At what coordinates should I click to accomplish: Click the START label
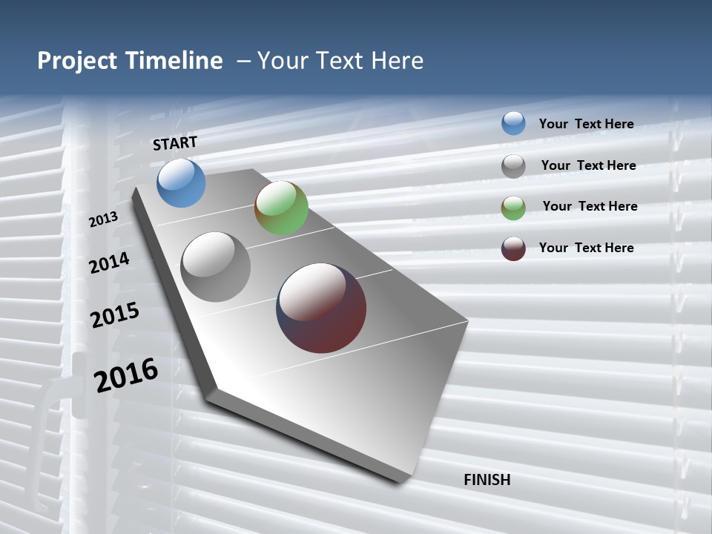click(x=175, y=143)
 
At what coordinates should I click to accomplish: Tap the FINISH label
click(x=487, y=480)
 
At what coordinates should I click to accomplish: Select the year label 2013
click(x=104, y=219)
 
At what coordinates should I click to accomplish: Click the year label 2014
click(x=110, y=263)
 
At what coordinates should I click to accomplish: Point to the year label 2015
click(x=115, y=314)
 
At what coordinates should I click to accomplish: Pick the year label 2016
click(x=126, y=375)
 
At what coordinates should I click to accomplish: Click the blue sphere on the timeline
click(x=181, y=182)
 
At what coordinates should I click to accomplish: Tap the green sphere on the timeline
click(x=281, y=208)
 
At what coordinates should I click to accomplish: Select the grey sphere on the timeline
click(x=216, y=267)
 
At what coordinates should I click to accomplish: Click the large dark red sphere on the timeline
click(x=321, y=308)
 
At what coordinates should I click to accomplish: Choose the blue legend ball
click(x=513, y=123)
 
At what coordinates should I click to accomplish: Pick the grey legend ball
click(x=513, y=166)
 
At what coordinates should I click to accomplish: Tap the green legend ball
click(x=513, y=208)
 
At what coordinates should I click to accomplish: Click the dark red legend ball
click(x=513, y=248)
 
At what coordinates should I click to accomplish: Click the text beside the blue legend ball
click(x=586, y=124)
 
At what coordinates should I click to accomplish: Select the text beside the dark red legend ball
click(x=586, y=248)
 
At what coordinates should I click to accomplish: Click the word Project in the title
click(x=77, y=61)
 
